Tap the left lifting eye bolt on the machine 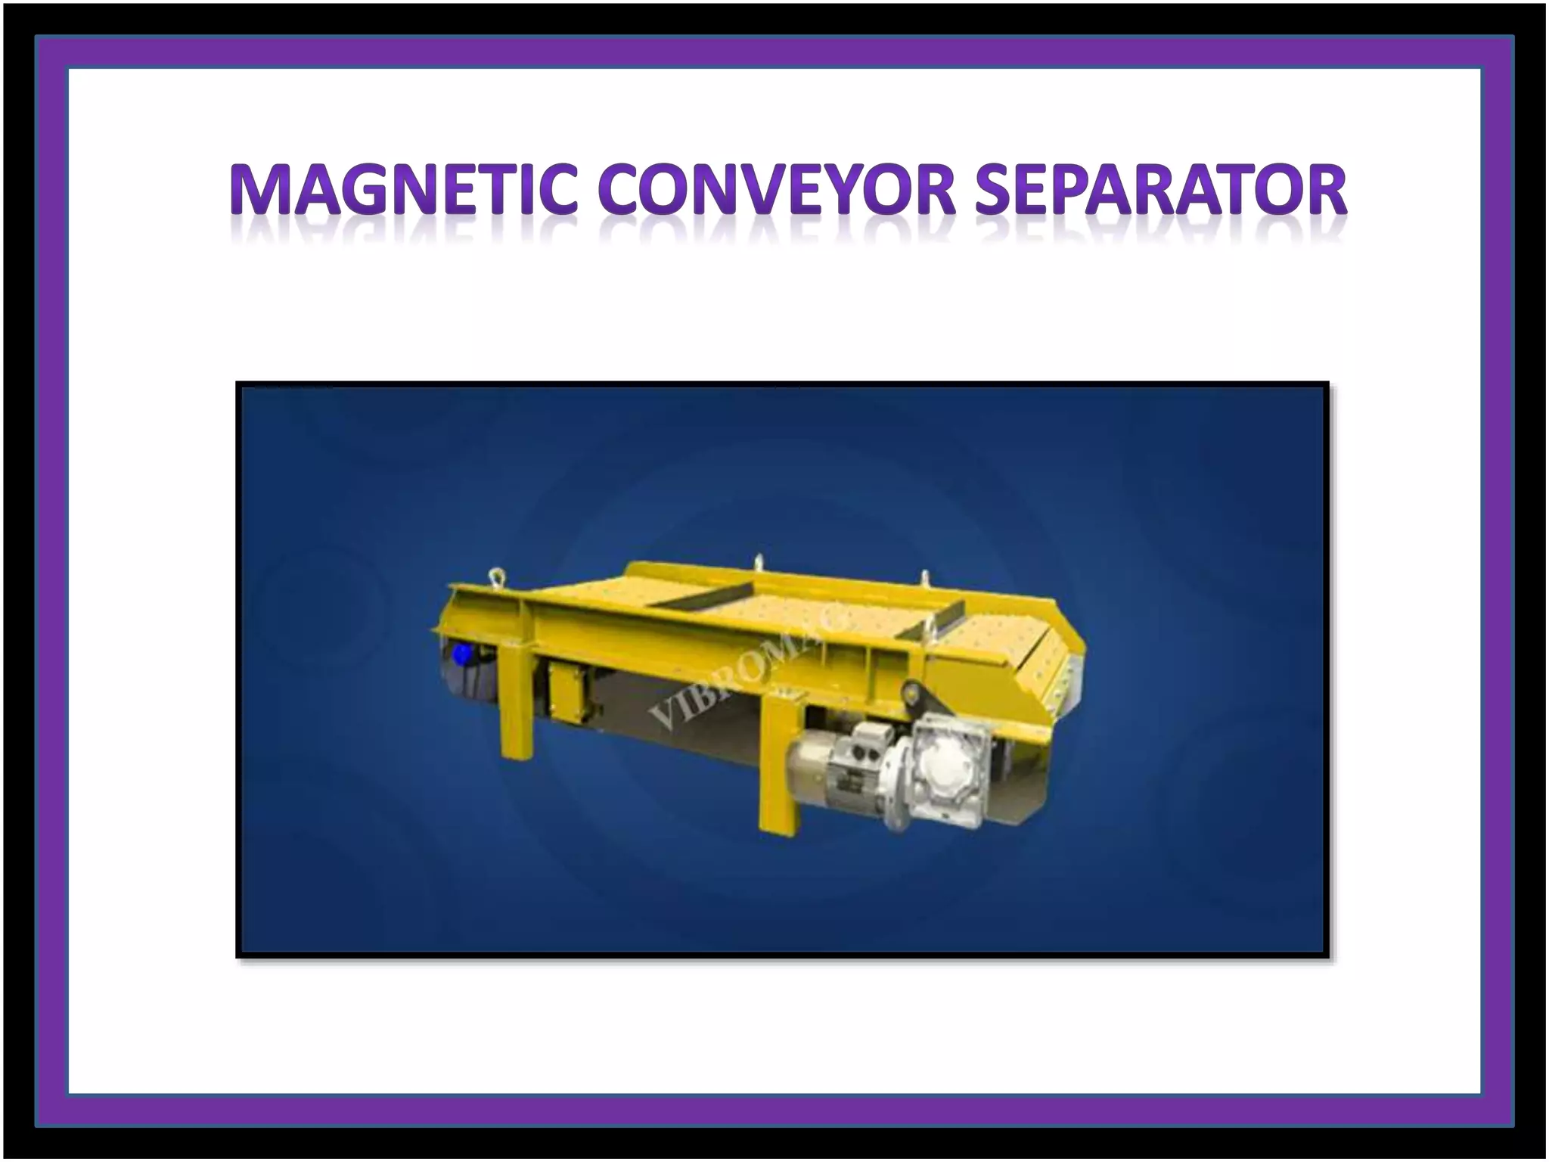click(x=496, y=576)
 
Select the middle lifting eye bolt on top click(x=758, y=563)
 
